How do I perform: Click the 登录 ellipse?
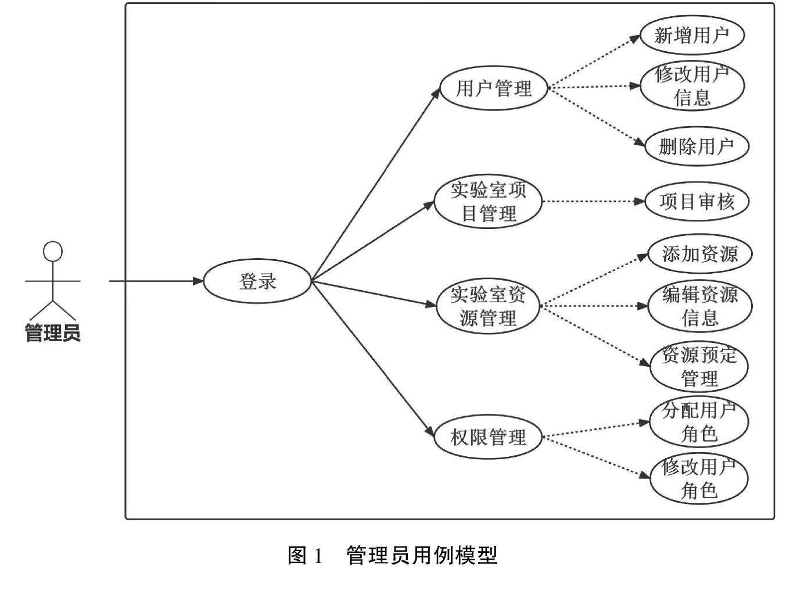click(x=257, y=281)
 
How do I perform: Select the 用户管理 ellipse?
click(x=493, y=88)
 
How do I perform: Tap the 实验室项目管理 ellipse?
click(x=488, y=202)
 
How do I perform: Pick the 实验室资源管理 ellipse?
click(x=488, y=306)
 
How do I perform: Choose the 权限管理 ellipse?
click(x=488, y=437)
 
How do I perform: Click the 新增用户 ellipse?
click(x=691, y=35)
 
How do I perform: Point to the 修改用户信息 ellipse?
click(x=691, y=85)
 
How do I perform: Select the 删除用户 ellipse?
click(x=696, y=146)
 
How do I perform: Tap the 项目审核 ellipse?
click(x=697, y=202)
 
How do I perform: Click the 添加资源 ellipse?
click(x=699, y=254)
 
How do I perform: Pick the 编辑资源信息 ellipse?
click(x=699, y=306)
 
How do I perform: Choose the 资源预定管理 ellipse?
click(x=699, y=367)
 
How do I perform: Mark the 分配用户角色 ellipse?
click(x=699, y=422)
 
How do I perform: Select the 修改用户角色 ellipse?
click(x=699, y=479)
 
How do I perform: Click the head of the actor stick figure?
click(x=53, y=252)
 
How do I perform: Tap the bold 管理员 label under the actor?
click(x=52, y=334)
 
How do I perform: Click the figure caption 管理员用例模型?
click(x=422, y=556)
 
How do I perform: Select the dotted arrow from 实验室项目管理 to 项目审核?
click(x=593, y=202)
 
